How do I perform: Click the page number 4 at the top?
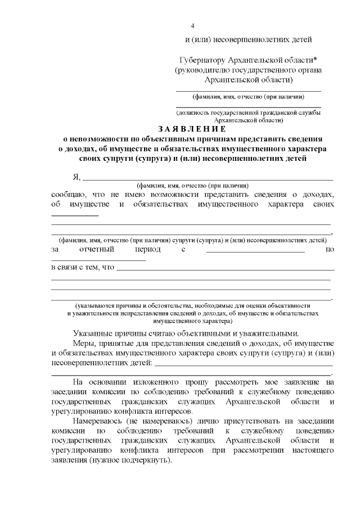193,26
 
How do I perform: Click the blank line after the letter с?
255,252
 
